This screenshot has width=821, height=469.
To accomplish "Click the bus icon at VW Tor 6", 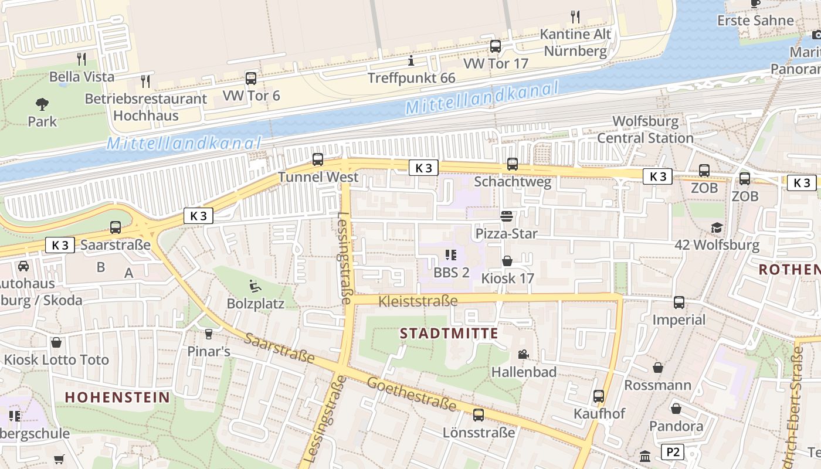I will click(x=251, y=78).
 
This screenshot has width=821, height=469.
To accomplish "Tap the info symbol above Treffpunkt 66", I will click(x=411, y=60).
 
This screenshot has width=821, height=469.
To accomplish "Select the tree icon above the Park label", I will click(x=42, y=104).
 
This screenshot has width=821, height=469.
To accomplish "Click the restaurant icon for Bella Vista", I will click(x=82, y=59).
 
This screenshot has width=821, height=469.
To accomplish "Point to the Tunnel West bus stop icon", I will click(x=318, y=159).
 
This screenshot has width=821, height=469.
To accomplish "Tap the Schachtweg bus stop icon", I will click(x=513, y=164).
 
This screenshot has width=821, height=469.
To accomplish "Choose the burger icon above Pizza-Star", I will click(x=507, y=216).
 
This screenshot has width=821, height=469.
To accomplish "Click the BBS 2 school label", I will click(x=452, y=272).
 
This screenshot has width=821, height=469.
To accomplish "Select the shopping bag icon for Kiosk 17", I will click(x=507, y=261).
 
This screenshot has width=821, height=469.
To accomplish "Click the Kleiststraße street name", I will click(x=418, y=301).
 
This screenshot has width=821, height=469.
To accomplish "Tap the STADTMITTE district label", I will click(x=449, y=334).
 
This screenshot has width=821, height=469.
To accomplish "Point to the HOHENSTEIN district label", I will click(x=117, y=397).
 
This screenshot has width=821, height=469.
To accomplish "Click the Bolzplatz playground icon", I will click(x=255, y=286).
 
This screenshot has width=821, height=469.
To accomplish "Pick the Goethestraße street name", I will click(x=412, y=394).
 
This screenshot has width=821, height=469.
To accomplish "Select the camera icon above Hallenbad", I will click(x=523, y=354).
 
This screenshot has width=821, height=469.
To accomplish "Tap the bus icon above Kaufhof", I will click(x=599, y=396).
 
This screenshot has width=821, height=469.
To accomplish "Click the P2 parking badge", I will click(x=673, y=452).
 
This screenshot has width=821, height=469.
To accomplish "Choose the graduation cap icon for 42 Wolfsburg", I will click(x=717, y=227).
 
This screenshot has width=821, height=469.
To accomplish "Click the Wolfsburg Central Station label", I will click(x=646, y=130).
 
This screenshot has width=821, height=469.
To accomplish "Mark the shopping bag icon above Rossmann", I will click(x=658, y=368).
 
